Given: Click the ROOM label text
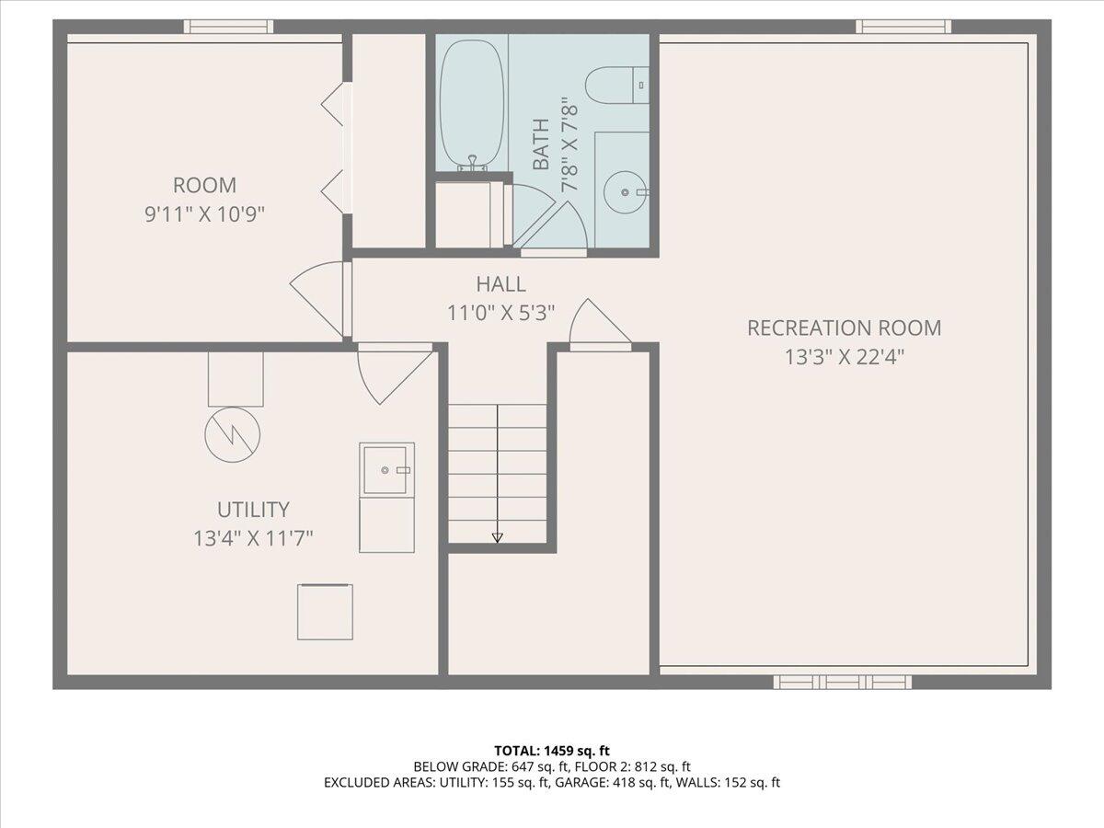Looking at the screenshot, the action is [205, 186].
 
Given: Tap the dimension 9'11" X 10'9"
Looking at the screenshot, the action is [205, 215].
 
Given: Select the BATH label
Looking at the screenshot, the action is [541, 144].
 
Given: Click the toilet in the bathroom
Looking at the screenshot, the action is [616, 85].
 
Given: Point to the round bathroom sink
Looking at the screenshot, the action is [624, 192].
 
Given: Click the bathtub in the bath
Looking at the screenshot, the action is [471, 106].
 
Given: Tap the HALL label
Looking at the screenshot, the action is [501, 284].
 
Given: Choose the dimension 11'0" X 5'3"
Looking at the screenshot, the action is [501, 314].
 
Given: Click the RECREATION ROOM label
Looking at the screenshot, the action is [844, 328].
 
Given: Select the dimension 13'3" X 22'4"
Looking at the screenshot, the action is [845, 358].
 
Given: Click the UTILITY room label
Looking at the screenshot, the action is [253, 510].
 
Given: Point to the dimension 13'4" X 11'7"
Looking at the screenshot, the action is [253, 539].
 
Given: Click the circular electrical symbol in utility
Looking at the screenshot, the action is [233, 435].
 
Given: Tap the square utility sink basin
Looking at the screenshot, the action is [385, 470].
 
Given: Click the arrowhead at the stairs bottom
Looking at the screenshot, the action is [497, 538].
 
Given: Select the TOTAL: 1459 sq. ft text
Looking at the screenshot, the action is [552, 751].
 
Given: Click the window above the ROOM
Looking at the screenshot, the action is [228, 27].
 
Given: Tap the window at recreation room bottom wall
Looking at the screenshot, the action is [843, 683].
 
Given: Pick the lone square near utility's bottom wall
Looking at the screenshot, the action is [325, 612].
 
